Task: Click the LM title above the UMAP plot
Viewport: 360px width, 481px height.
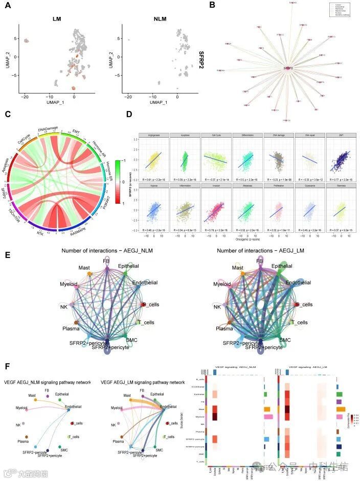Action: point(57,19)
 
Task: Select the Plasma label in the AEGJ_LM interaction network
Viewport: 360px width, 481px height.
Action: point(224,328)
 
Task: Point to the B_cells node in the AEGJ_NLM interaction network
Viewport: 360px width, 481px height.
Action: point(144,304)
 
